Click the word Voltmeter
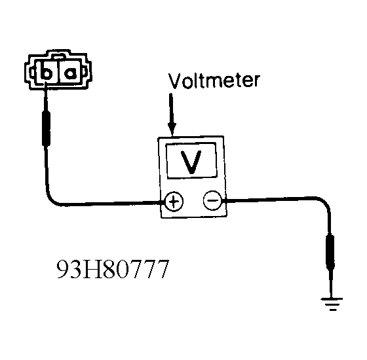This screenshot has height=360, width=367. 214,81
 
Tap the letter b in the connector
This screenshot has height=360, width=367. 46,71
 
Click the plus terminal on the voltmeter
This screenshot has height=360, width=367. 174,202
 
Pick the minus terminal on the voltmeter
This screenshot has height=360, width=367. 212,200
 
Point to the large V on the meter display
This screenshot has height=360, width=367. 191,162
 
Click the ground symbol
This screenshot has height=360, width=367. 332,304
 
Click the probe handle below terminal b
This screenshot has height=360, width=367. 46,128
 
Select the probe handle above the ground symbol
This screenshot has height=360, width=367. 330,252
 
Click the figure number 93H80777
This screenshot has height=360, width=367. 113,269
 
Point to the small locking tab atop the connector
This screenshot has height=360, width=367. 58,56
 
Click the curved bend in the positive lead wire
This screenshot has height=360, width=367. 53,199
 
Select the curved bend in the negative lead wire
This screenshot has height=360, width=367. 324,203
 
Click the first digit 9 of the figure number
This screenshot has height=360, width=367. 63,269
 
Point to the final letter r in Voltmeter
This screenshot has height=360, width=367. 256,81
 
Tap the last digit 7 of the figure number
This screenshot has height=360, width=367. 163,269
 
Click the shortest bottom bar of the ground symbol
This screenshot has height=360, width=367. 333,310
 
